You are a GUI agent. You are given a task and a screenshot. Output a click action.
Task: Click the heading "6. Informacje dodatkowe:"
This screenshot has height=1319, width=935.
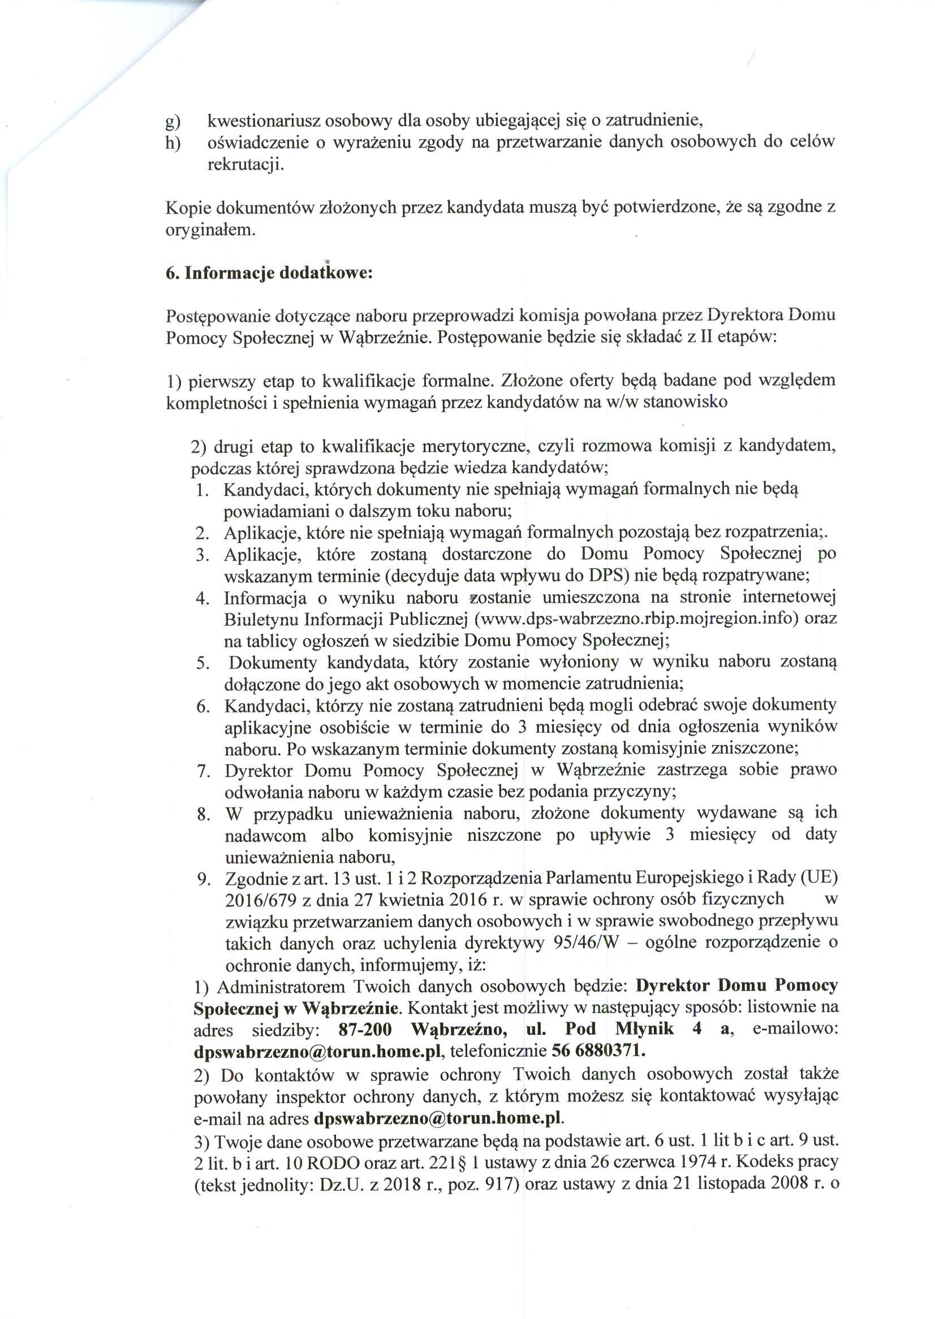coord(269,273)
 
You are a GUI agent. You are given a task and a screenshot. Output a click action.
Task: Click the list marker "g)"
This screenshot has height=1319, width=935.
coord(173,123)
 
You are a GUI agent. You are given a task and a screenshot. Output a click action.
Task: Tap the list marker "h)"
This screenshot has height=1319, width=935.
coord(173,144)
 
